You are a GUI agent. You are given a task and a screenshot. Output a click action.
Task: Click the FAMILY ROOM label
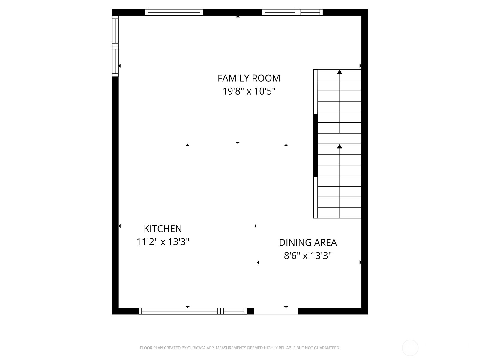[x=249, y=78]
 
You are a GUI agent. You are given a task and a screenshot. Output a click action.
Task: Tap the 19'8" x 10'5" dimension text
[x=249, y=91]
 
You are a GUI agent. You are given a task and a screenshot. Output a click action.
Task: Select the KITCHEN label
[x=163, y=229]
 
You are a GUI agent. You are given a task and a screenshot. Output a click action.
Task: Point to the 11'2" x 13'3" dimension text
[x=163, y=242]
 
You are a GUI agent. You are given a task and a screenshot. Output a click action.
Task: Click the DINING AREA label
[x=308, y=242]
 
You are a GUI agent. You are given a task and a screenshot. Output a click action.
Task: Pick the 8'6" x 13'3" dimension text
[x=308, y=256]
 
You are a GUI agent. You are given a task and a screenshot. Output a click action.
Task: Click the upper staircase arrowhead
[x=340, y=72]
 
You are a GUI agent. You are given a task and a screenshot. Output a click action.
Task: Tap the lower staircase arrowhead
[x=340, y=146]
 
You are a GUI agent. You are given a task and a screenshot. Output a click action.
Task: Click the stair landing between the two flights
[x=340, y=138]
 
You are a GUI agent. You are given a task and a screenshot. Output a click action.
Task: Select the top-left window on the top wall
[x=174, y=12]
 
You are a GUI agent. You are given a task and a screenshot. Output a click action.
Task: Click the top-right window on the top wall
[x=292, y=12]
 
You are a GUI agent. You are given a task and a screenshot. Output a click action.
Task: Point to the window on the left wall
[x=115, y=46]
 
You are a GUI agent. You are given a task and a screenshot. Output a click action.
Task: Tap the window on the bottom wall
[x=193, y=311]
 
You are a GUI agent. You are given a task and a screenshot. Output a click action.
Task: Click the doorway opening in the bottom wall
[x=276, y=311]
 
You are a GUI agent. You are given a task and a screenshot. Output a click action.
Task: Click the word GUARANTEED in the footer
[x=327, y=348]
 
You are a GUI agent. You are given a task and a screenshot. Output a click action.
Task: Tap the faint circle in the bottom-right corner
[x=410, y=348]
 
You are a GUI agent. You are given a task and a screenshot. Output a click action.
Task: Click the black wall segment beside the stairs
[x=316, y=145]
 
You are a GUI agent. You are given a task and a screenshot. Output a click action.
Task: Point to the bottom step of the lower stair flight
[x=340, y=213]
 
